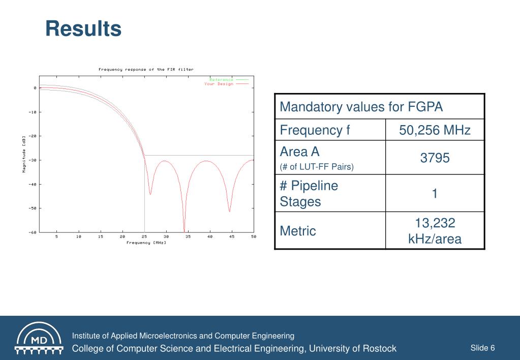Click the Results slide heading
pos(83,29)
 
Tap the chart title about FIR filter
pos(146,70)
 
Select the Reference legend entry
pos(222,79)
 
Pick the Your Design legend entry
pos(219,84)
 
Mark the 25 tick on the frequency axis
pos(144,237)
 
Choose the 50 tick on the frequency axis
pos(253,237)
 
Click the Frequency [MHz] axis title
pos(146,243)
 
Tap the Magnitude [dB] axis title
pos(23,154)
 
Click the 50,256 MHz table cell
pos(435,131)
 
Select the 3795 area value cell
pos(435,158)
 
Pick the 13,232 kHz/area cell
pos(435,230)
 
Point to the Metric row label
pos(298,231)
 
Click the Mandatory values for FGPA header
pos(361,107)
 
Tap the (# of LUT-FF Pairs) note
pos(317,167)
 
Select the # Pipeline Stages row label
pos(309,194)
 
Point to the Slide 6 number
pos(482,348)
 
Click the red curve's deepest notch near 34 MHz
pos(184,230)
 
